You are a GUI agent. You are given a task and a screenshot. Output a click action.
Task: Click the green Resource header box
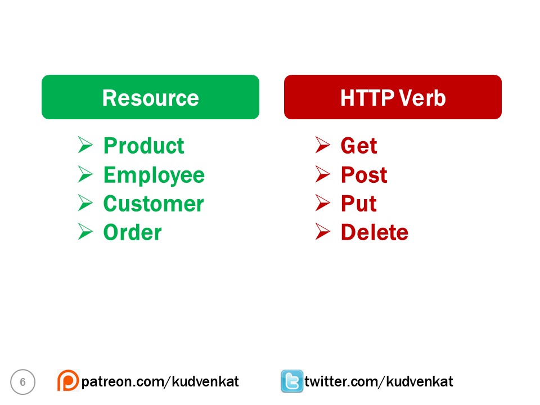[150, 97]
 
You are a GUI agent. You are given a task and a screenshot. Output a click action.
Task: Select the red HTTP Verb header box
[393, 97]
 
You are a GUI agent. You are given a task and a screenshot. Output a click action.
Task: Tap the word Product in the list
[144, 146]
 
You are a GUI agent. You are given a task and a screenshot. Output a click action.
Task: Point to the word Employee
[154, 175]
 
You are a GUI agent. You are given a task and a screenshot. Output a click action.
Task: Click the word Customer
[154, 204]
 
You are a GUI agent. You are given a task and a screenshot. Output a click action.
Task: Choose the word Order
[133, 232]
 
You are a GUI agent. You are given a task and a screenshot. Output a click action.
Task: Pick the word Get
[359, 146]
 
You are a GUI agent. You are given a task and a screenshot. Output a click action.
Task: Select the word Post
[364, 175]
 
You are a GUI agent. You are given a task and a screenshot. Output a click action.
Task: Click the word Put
[359, 204]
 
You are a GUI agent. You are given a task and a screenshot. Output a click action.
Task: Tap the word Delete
[375, 232]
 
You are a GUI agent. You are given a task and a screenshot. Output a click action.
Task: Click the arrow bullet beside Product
[85, 145]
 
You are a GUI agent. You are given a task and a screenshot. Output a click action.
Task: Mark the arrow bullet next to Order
[85, 232]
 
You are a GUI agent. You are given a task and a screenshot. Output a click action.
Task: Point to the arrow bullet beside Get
[322, 145]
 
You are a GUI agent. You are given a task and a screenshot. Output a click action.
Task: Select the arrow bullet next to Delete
[322, 232]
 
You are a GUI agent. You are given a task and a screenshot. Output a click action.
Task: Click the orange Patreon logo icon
[67, 381]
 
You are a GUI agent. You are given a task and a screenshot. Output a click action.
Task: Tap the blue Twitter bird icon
[292, 381]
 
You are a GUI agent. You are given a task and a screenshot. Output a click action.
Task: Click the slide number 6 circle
[22, 382]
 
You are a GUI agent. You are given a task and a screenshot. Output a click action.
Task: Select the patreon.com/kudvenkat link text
[160, 382]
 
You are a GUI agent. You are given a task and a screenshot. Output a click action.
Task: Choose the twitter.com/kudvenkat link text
[379, 382]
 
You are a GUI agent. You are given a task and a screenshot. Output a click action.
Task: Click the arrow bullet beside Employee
[85, 174]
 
